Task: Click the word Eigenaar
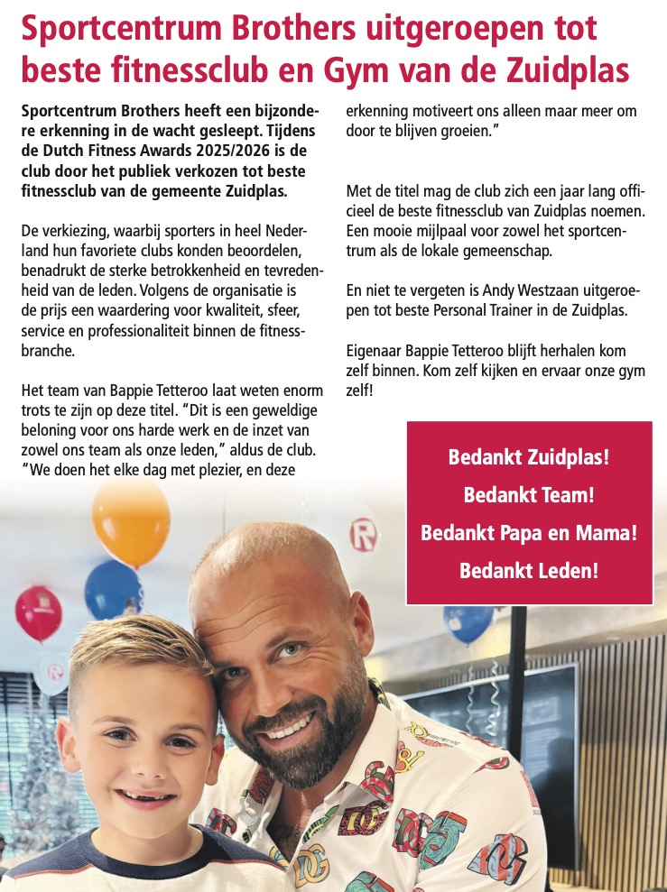click(376, 350)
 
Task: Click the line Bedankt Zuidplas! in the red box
click(529, 457)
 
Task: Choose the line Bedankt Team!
click(529, 495)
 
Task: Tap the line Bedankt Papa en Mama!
click(529, 533)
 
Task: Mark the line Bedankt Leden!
click(529, 571)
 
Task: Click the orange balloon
click(131, 521)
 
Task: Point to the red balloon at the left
click(38, 613)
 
